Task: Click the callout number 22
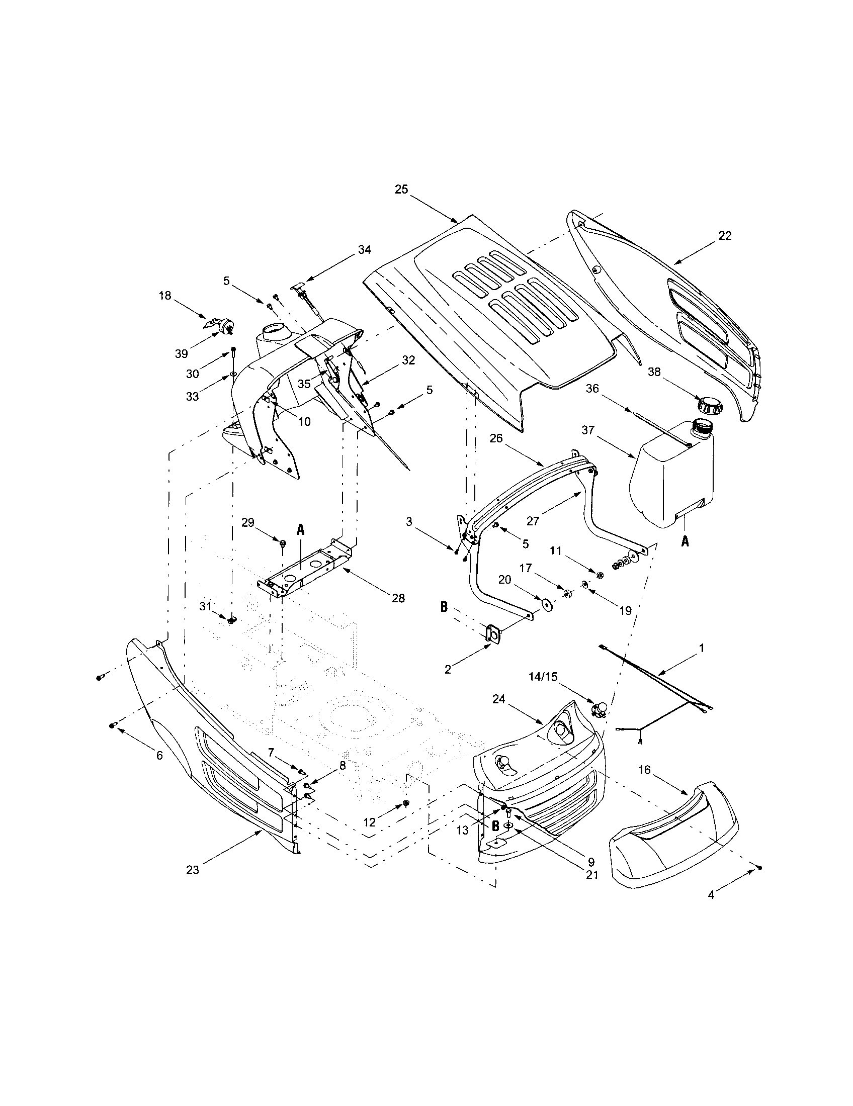coord(725,236)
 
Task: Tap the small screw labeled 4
coord(760,868)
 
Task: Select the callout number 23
coord(193,870)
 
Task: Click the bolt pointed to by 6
coord(113,725)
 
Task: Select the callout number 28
coord(398,598)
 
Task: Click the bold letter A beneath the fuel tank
coord(685,542)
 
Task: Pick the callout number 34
coord(364,250)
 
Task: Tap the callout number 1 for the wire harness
coord(701,648)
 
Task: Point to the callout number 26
coord(496,438)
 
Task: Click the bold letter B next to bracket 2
coord(444,607)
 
